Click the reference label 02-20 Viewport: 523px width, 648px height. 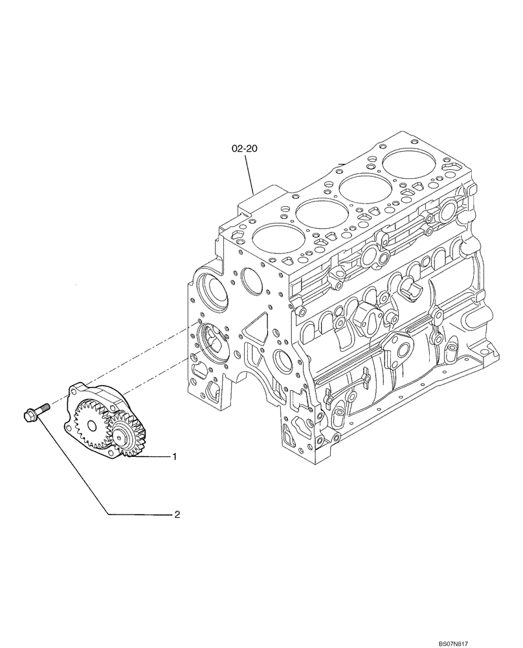pos(245,148)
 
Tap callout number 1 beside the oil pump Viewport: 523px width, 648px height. pos(174,457)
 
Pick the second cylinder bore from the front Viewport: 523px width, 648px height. pos(317,212)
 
